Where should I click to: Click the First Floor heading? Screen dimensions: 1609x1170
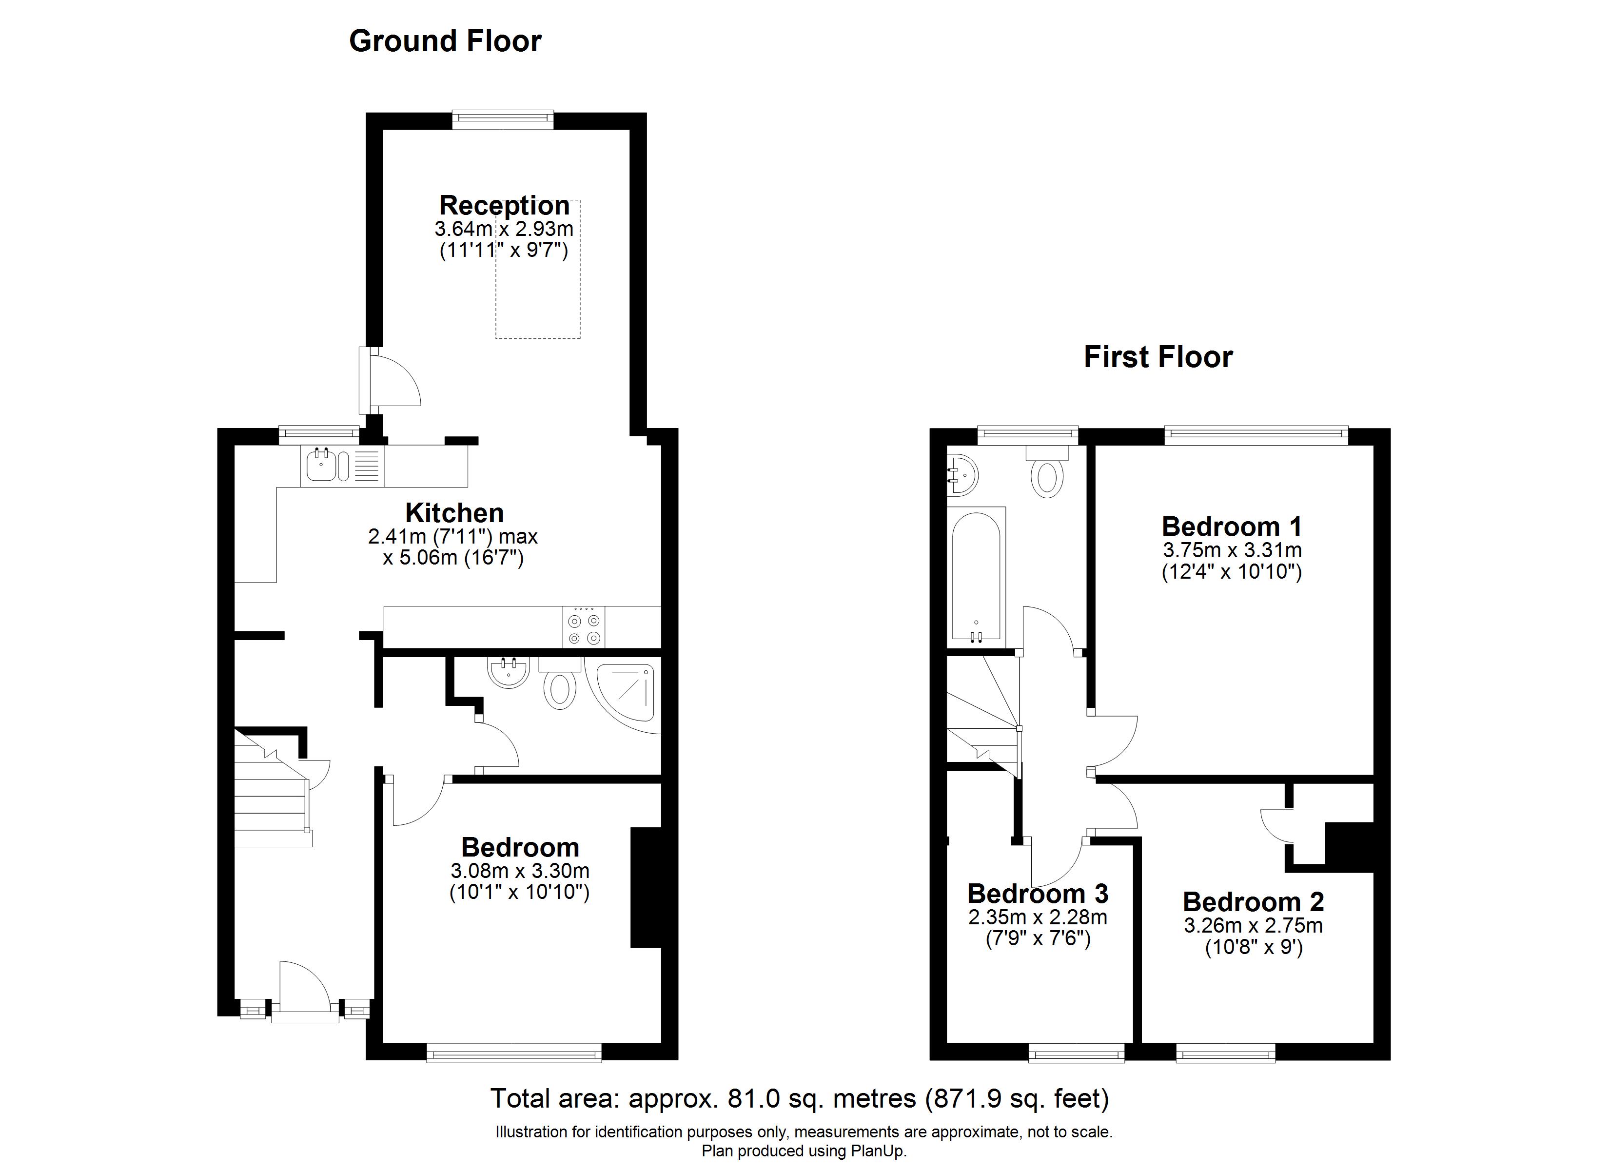[1158, 357]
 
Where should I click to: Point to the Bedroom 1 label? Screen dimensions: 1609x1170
[1232, 526]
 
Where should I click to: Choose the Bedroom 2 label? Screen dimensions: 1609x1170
[1253, 902]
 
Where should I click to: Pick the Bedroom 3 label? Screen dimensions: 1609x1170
[1038, 893]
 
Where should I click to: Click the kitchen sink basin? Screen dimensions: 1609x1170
[322, 466]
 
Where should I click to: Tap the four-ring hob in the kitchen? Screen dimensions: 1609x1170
[584, 626]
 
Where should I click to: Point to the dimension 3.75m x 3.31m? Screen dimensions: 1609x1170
[1232, 550]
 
